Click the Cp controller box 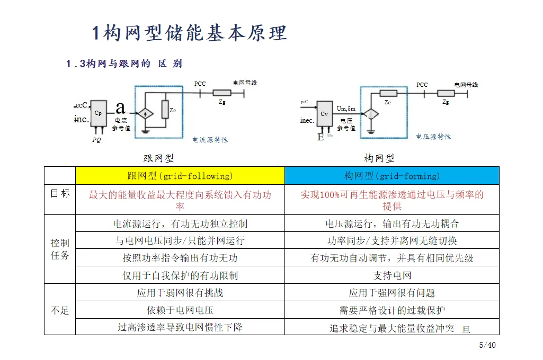point(98,113)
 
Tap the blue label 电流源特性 point(210,140)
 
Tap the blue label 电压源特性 point(433,137)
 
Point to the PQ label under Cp point(96,140)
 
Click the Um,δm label point(346,109)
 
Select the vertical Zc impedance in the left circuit point(165,110)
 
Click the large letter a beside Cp point(121,107)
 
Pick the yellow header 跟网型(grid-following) point(180,176)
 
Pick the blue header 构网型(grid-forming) point(392,176)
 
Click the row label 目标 point(60,194)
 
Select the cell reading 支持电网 point(392,275)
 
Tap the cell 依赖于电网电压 point(180,310)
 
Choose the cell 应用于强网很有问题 point(392,293)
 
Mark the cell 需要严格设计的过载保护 point(392,310)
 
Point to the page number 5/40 point(487,345)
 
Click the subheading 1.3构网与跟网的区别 point(124,64)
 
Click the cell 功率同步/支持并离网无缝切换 point(392,241)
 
